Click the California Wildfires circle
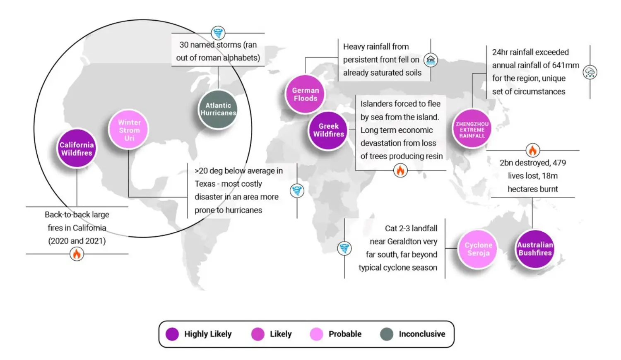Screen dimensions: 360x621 click(x=77, y=149)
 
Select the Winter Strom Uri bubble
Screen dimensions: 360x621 click(x=129, y=130)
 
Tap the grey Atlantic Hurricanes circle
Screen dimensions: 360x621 click(x=218, y=109)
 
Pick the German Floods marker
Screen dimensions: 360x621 click(x=305, y=94)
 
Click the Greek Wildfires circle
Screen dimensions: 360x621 click(x=328, y=130)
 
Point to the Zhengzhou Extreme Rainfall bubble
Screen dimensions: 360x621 click(x=472, y=130)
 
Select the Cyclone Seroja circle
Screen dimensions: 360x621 click(x=478, y=249)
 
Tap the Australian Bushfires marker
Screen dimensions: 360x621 click(x=535, y=249)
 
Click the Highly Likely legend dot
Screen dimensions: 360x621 click(x=172, y=334)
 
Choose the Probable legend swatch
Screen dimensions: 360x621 click(x=316, y=334)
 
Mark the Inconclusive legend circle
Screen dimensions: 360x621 click(x=387, y=334)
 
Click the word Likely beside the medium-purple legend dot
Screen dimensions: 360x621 click(x=281, y=334)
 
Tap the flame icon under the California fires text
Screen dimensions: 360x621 click(x=77, y=254)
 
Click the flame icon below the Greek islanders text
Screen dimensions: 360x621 click(x=400, y=170)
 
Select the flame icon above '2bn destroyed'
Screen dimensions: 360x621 click(x=532, y=150)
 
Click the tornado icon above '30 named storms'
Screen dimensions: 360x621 click(x=218, y=33)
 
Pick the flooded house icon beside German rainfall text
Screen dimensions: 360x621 click(x=431, y=60)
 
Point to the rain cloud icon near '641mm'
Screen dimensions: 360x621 click(x=590, y=72)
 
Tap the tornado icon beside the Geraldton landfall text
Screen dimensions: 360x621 click(x=344, y=248)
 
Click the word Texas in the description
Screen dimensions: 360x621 click(x=205, y=184)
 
